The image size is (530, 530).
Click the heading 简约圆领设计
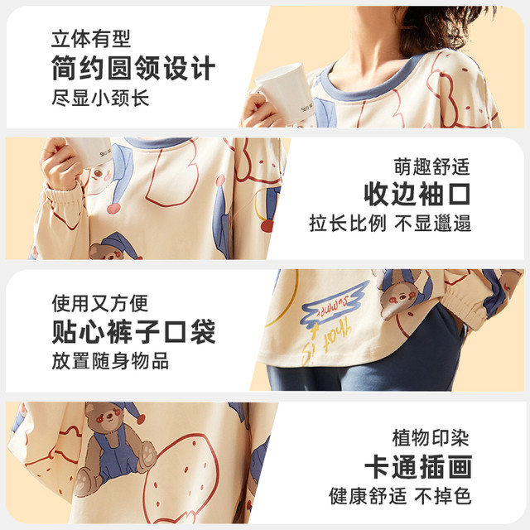133,68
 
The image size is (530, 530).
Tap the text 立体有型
91,39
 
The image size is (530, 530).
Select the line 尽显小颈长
100,98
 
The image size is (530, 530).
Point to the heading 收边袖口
417,194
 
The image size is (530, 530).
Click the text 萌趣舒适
432,166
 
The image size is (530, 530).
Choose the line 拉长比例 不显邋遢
390,223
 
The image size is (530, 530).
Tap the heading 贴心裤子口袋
133,331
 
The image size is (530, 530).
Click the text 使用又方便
100,303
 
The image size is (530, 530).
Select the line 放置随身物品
110,361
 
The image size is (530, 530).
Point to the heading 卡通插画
418,467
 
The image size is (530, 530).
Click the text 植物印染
431,438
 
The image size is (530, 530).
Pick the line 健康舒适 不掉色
400,496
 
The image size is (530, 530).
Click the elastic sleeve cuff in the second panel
65,200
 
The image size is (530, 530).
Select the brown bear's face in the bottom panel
105,418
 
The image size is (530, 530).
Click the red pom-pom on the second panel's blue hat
114,209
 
